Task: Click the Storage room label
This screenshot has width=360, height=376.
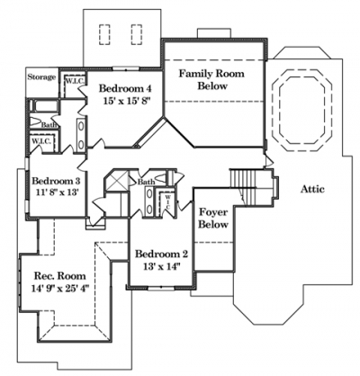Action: (41, 77)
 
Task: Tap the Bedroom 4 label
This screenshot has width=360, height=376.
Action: (125, 88)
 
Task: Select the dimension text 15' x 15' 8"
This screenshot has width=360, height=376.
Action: (127, 102)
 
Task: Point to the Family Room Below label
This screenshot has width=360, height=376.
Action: (211, 80)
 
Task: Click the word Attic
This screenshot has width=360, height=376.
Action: (312, 189)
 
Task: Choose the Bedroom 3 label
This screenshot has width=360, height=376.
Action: (56, 181)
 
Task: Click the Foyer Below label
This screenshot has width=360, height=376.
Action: (213, 219)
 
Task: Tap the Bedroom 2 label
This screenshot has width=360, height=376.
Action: (161, 254)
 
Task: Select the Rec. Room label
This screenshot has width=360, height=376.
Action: (60, 275)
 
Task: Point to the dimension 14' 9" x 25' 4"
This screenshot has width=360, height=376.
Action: (60, 289)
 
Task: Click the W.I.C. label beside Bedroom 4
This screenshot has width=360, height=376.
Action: (75, 81)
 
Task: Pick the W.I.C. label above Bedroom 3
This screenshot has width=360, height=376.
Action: (41, 141)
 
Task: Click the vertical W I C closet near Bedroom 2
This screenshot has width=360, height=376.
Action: (168, 201)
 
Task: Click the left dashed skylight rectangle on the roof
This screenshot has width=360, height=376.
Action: (104, 34)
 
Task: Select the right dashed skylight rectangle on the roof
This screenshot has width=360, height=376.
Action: (137, 34)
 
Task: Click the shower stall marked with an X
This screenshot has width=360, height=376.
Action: (117, 181)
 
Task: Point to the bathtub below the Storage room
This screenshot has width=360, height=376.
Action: (44, 105)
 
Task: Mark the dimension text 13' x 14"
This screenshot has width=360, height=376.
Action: (161, 266)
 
